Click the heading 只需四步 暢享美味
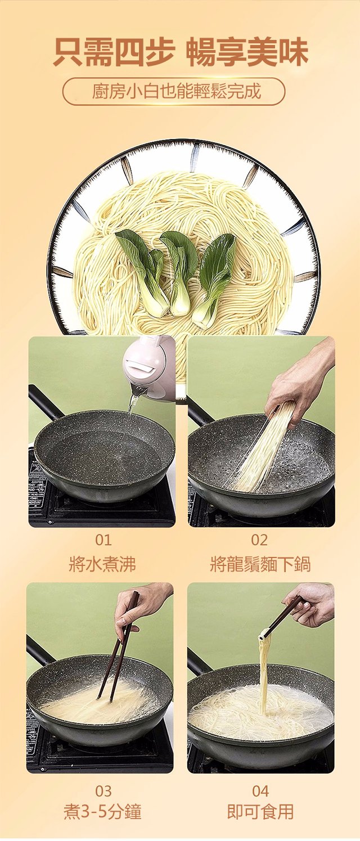[x=180, y=52]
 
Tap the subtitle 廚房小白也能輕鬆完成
[x=177, y=91]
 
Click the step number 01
[x=103, y=540]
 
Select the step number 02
[x=259, y=540]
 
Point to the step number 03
[x=103, y=791]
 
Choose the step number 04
[x=260, y=791]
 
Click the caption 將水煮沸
[x=102, y=564]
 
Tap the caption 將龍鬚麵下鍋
[x=260, y=564]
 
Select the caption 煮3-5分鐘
[x=102, y=811]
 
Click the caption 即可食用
[x=260, y=811]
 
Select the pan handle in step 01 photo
[x=44, y=402]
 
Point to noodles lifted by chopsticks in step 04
[x=263, y=672]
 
